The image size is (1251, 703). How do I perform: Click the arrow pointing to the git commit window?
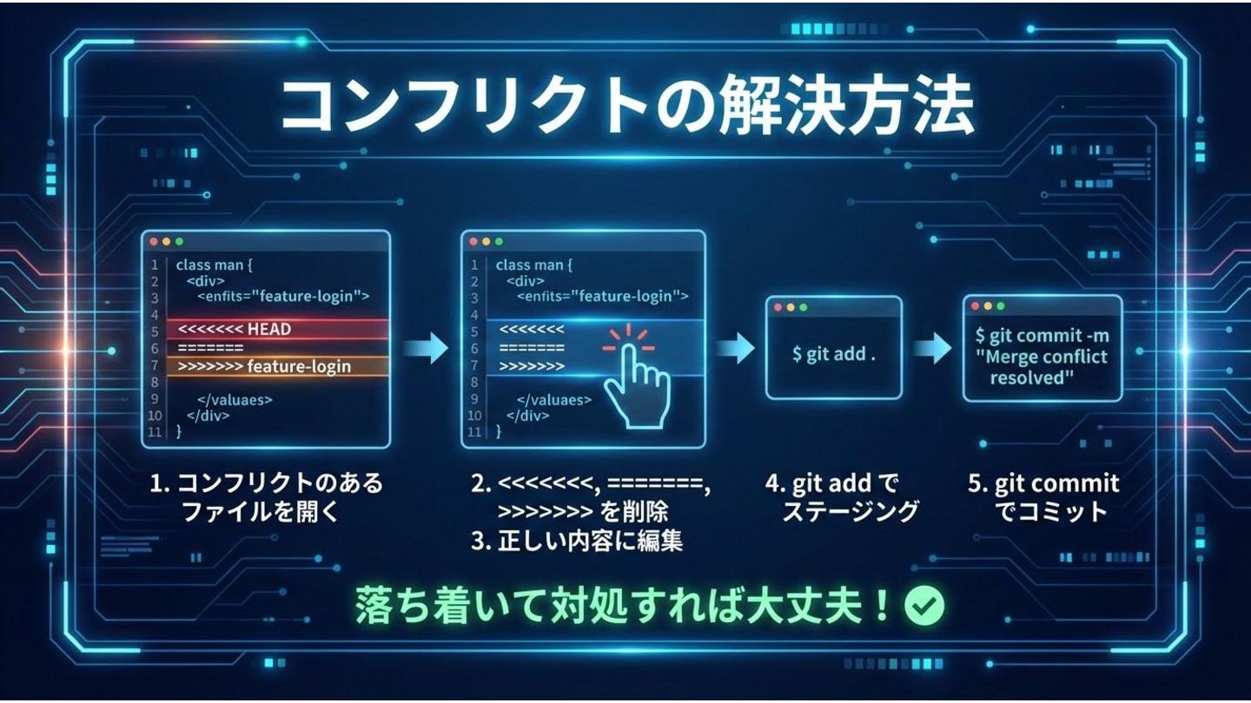[932, 348]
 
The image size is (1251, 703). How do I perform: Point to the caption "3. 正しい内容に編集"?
[577, 542]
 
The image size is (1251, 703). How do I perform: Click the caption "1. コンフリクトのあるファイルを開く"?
[266, 497]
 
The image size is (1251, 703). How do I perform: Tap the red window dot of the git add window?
[778, 308]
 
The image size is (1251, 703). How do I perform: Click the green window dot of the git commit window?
[1001, 306]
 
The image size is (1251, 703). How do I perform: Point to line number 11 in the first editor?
[156, 432]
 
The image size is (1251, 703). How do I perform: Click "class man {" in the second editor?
[534, 265]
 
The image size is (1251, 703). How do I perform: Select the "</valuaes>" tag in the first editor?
[235, 400]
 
